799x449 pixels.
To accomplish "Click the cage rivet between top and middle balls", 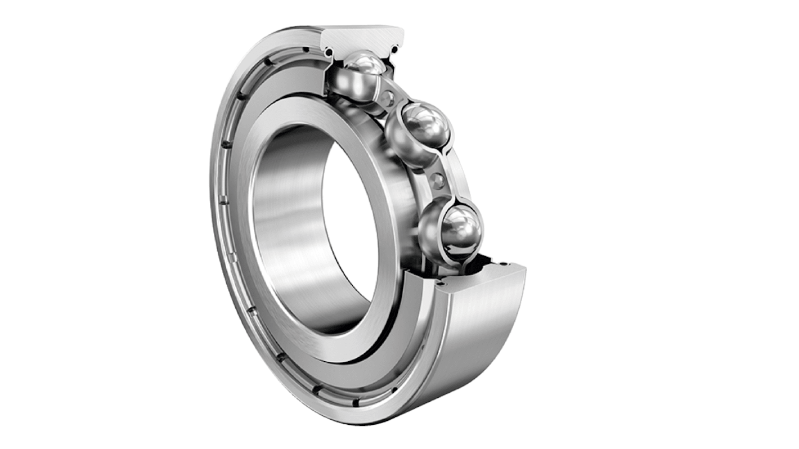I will pos(387,100).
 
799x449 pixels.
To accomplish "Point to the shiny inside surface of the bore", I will pos(287,225).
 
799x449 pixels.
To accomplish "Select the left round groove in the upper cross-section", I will pos(329,52).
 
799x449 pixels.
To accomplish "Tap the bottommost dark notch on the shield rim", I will pos(356,403).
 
